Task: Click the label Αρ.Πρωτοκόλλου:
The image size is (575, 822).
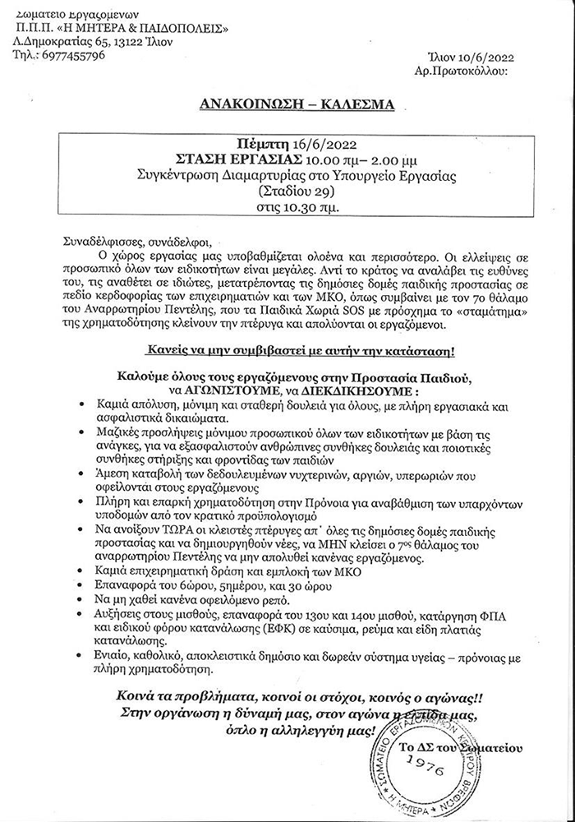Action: coord(462,71)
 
